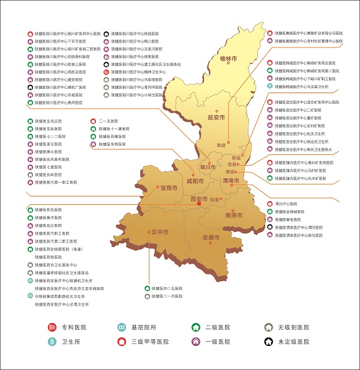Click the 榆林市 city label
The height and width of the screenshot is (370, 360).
click(229, 59)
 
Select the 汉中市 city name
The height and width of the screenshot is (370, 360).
click(158, 231)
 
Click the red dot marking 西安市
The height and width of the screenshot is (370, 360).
click(199, 204)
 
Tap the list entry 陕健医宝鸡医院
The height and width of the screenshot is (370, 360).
click(48, 121)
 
